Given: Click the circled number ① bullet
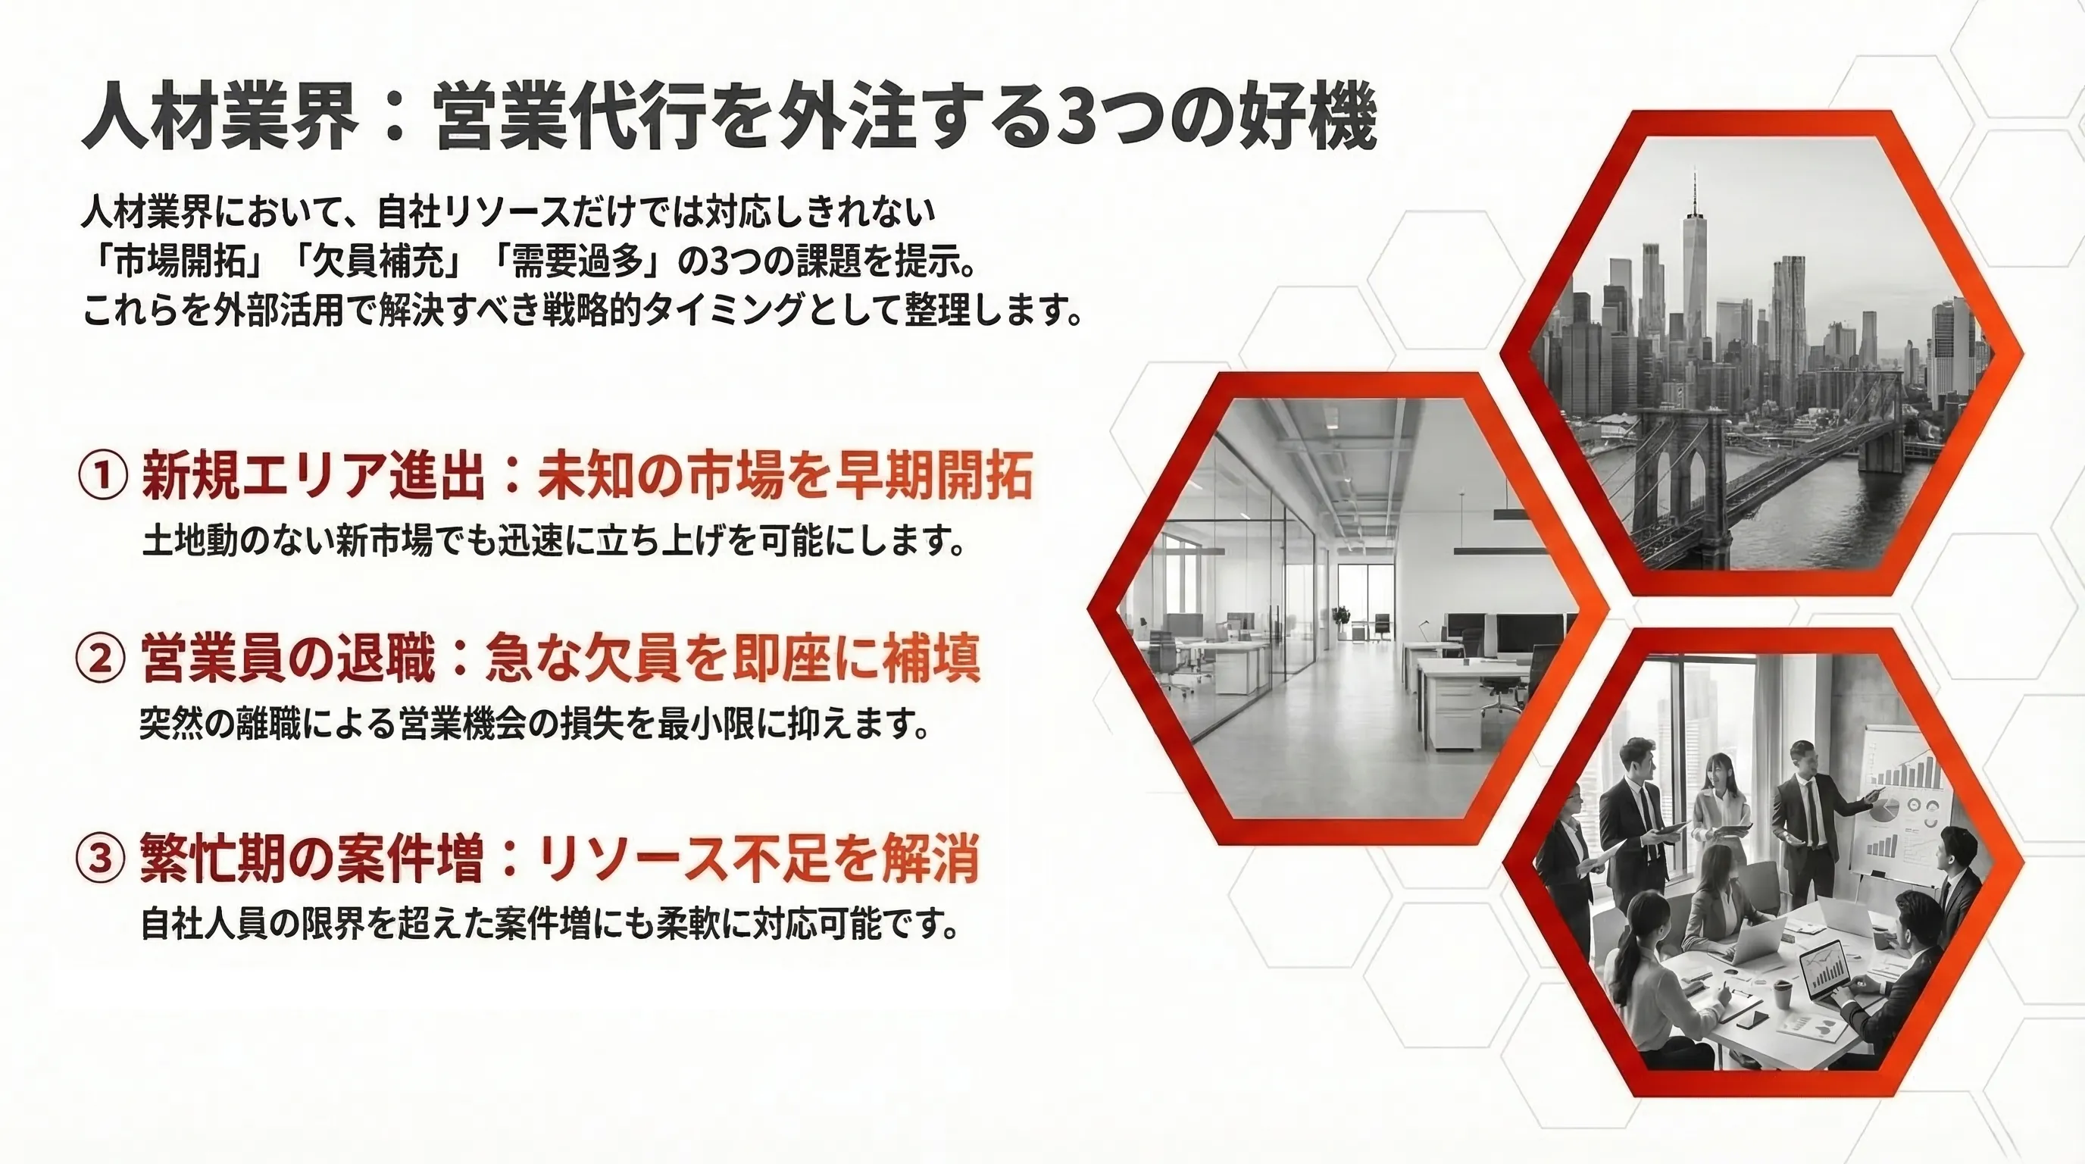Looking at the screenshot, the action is pyautogui.click(x=103, y=475).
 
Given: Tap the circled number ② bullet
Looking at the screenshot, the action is pyautogui.click(x=102, y=658).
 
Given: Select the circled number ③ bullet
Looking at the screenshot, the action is pyautogui.click(x=102, y=858).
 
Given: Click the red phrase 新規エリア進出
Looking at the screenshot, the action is pyautogui.click(x=313, y=475).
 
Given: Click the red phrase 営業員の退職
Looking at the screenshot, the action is pyautogui.click(x=288, y=658).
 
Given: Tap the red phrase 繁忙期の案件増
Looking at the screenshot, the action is pyautogui.click(x=312, y=858).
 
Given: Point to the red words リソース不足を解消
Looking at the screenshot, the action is pyautogui.click(x=758, y=858).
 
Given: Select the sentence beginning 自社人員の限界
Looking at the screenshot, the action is pyautogui.click(x=549, y=924).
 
